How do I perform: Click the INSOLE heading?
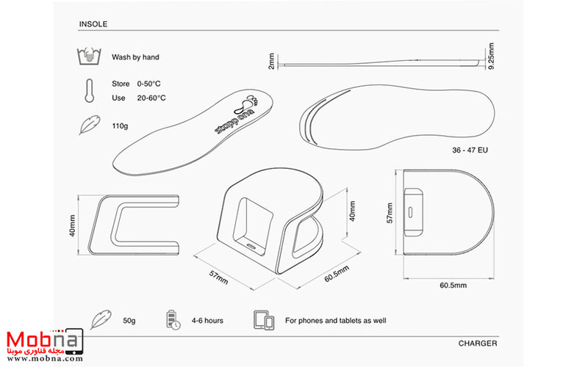(x=93, y=23)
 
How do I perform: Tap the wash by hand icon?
(x=87, y=57)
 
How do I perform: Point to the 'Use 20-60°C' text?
(x=138, y=98)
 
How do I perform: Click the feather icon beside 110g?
(x=87, y=126)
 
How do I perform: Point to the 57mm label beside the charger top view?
(x=391, y=214)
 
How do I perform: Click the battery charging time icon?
(x=172, y=320)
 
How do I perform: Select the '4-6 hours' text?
(x=209, y=321)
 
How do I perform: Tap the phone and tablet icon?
(x=264, y=320)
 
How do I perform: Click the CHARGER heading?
(x=478, y=343)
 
